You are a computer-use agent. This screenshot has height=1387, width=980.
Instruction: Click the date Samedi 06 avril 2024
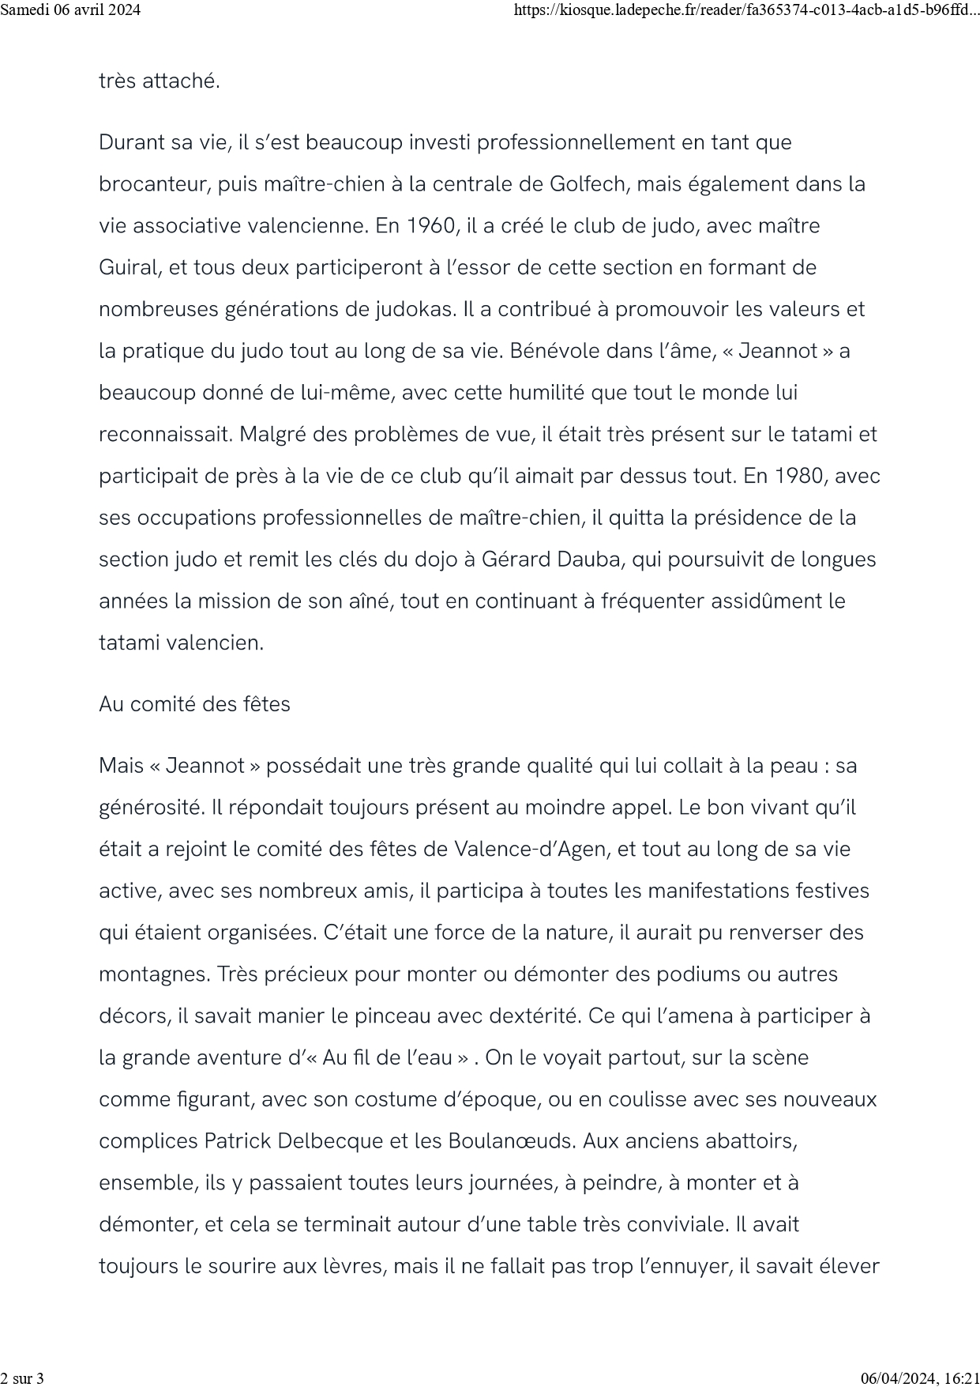coord(70,10)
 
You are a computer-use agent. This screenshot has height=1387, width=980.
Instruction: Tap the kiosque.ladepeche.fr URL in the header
coord(745,10)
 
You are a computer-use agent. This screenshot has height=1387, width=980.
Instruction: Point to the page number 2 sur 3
coord(22,1378)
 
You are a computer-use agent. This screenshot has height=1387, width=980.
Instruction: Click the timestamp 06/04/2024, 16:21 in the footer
coord(920,1378)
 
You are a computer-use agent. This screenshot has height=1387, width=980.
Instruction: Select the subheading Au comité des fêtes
coord(194,704)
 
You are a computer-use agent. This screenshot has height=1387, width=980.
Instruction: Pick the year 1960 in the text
coord(430,226)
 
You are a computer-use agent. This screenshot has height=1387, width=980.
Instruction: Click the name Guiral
coord(129,268)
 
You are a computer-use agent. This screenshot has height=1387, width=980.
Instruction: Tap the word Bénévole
coord(554,351)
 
